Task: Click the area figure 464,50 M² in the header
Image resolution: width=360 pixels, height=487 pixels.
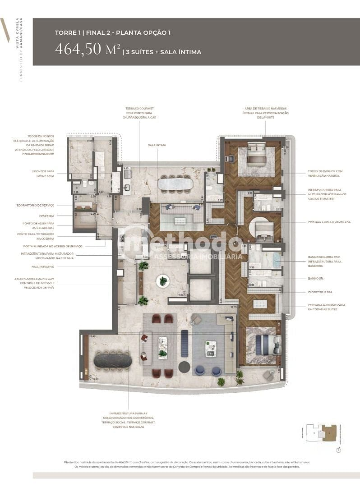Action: pyautogui.click(x=88, y=49)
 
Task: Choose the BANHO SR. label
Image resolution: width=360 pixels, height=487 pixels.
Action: pyautogui.click(x=314, y=278)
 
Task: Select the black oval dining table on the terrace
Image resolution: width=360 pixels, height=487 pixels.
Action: pyautogui.click(x=112, y=361)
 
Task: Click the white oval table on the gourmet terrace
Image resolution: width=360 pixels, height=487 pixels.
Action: pyautogui.click(x=175, y=184)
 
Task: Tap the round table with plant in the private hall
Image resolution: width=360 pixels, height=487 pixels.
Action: pyautogui.click(x=163, y=281)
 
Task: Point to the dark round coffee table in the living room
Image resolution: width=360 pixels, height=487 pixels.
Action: pyautogui.click(x=184, y=367)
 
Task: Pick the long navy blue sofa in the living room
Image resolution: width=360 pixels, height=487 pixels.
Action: pyautogui.click(x=184, y=343)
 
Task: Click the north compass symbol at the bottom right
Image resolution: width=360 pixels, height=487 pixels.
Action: pyautogui.click(x=338, y=450)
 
